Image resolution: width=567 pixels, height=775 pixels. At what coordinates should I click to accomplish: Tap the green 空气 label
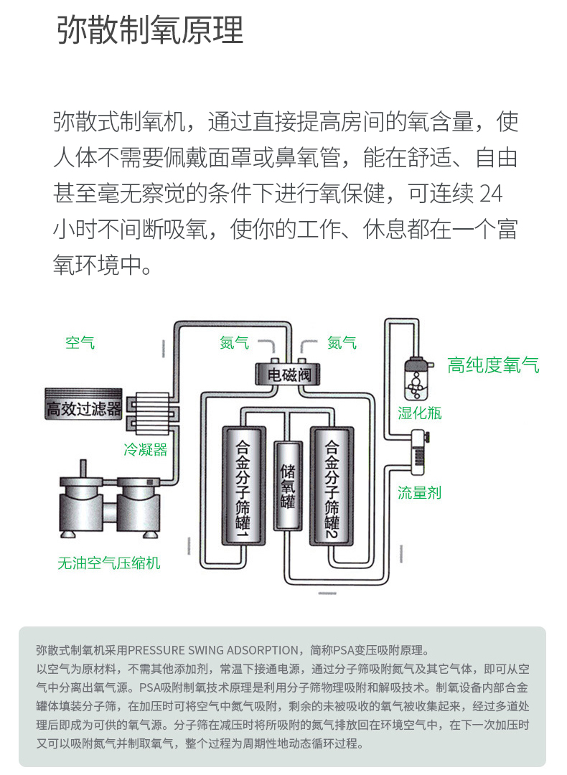point(80,342)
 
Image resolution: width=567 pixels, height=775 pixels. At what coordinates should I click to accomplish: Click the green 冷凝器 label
point(145,450)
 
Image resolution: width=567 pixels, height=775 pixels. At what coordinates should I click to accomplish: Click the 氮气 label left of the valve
point(234,342)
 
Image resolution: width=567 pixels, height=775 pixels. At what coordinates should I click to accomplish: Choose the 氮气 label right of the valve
point(342,342)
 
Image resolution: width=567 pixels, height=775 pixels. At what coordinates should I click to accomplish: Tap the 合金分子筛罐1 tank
point(244,485)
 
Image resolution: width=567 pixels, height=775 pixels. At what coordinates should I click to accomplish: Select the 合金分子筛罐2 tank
point(332,485)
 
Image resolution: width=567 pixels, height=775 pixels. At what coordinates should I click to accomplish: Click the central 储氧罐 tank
point(288,485)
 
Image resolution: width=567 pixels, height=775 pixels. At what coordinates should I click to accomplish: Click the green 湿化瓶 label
point(420,413)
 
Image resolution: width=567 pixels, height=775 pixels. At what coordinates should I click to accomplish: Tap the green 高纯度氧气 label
point(493,365)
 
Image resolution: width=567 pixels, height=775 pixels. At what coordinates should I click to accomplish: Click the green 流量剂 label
point(420,492)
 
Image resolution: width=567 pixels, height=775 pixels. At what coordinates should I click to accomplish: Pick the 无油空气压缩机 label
point(109,563)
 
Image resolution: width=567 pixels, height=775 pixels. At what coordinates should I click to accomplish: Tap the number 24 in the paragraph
point(491,193)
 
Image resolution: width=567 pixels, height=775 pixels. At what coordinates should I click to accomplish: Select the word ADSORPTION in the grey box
point(264,650)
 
